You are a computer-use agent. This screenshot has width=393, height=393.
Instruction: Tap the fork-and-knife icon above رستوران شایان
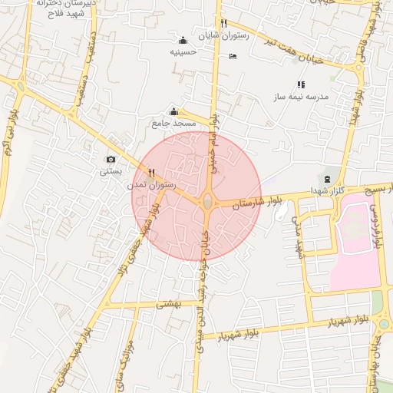pyautogui.click(x=223, y=23)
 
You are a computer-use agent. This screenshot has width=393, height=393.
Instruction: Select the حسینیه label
pyautogui.click(x=183, y=52)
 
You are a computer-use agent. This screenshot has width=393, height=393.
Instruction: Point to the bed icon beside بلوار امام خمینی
pyautogui.click(x=233, y=56)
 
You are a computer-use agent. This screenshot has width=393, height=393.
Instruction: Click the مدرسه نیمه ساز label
pyautogui.click(x=301, y=97)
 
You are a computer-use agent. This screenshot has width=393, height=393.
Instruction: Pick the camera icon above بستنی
pyautogui.click(x=111, y=160)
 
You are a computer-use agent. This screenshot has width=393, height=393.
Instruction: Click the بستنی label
pyautogui.click(x=111, y=171)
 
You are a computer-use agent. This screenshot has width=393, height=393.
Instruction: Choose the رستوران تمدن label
pyautogui.click(x=152, y=185)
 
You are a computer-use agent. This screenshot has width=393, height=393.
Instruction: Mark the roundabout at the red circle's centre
pyautogui.click(x=207, y=203)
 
